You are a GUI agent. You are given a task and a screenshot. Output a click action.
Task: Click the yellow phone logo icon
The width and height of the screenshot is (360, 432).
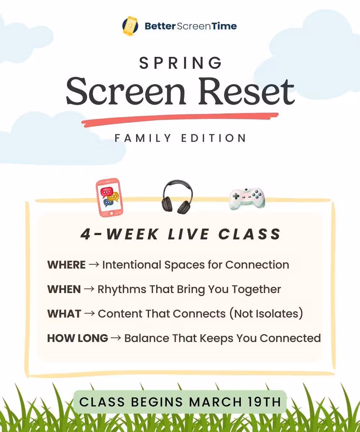click(x=130, y=26)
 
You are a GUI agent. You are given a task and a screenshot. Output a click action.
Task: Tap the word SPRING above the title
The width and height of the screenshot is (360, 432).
click(x=180, y=63)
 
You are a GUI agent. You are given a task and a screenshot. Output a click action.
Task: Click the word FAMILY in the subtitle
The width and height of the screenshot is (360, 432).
click(x=143, y=138)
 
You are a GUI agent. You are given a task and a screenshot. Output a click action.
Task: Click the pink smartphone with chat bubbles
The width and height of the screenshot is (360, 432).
click(x=109, y=197)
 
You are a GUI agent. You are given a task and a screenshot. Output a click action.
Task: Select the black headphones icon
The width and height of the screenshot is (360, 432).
click(x=177, y=197)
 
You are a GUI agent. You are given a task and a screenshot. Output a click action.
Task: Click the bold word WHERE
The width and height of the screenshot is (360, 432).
click(x=67, y=265)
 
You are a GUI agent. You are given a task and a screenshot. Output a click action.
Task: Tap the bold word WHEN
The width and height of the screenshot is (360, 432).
click(x=64, y=289)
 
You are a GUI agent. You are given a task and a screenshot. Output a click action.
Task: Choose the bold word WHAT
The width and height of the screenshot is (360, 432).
click(x=64, y=314)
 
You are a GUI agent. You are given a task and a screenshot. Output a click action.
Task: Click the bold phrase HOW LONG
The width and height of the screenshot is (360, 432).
click(x=78, y=338)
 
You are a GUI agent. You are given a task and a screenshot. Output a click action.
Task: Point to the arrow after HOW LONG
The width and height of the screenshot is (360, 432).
click(x=116, y=338)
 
